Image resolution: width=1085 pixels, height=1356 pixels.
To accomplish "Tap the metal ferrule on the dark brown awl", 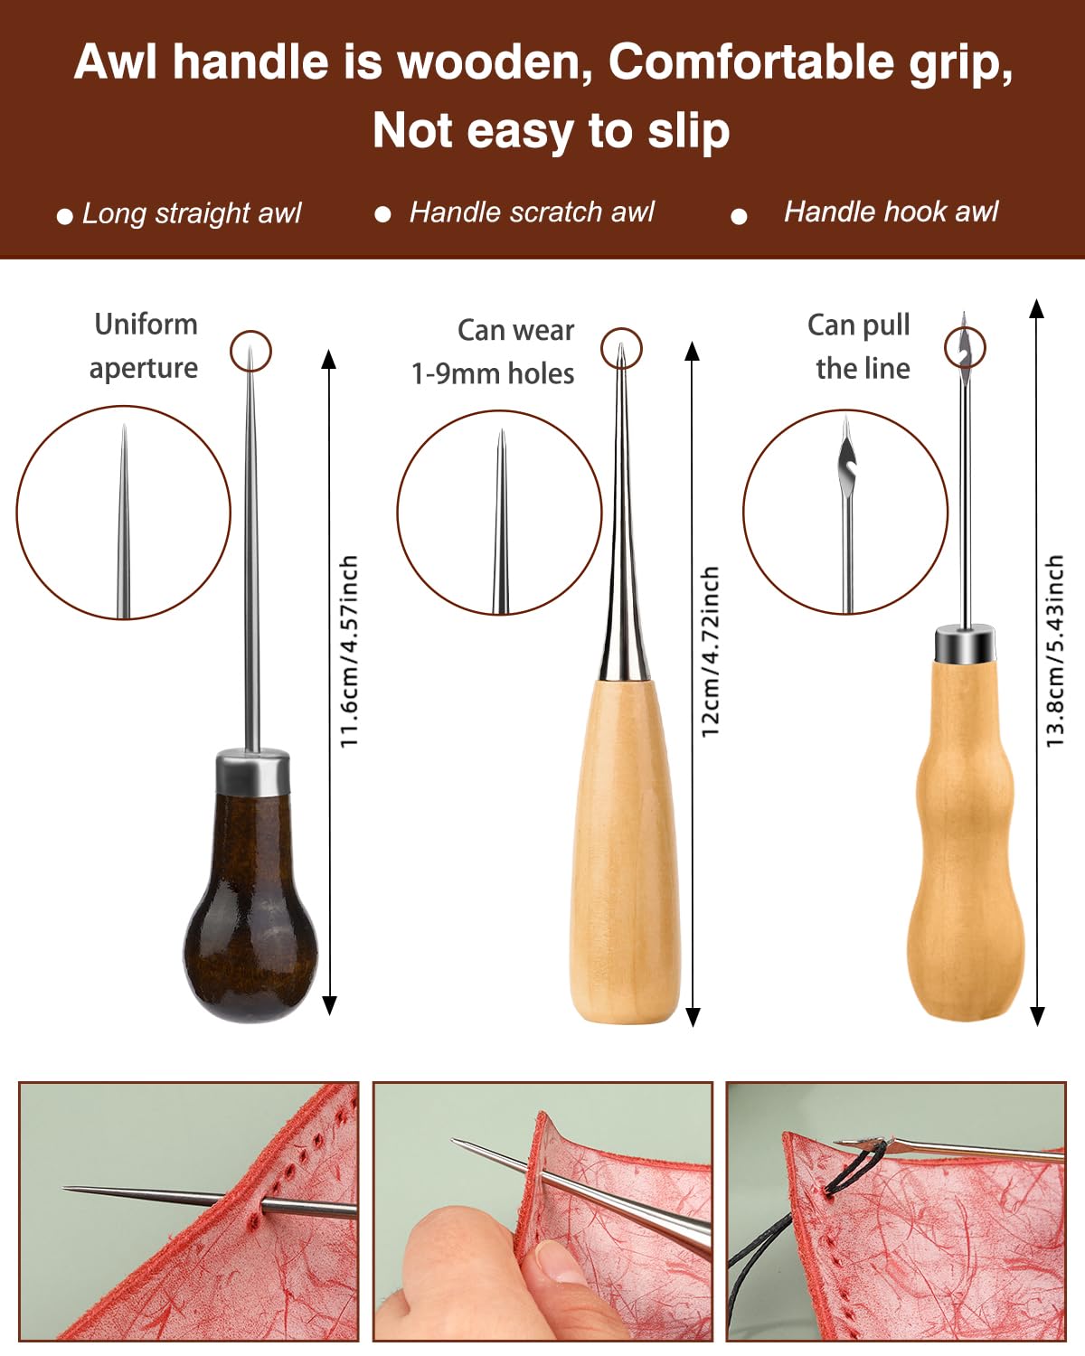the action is (253, 772).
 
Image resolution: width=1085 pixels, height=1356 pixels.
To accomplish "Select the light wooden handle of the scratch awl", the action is (625, 851).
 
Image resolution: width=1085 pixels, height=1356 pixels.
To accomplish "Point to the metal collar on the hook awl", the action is (966, 644).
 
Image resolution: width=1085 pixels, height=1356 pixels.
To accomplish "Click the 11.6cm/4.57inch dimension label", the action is (349, 652).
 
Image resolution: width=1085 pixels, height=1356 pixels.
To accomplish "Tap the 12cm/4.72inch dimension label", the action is (710, 652).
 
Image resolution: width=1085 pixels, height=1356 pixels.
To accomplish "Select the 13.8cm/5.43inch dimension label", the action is (1055, 651).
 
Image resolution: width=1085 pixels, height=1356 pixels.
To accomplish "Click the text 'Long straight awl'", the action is (193, 213).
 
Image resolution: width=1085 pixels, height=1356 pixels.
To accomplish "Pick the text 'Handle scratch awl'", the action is (532, 212).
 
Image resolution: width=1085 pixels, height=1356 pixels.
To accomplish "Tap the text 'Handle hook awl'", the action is (891, 212).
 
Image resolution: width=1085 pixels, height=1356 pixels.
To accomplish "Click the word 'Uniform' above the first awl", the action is (146, 325).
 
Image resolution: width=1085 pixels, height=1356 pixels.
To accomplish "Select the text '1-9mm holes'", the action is (493, 373).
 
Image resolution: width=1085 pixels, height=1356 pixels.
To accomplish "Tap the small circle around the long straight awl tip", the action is (250, 331).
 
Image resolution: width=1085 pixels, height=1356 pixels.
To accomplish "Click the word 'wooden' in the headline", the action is (493, 63).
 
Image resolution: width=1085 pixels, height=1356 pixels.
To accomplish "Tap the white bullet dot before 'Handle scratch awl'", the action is (382, 215).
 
